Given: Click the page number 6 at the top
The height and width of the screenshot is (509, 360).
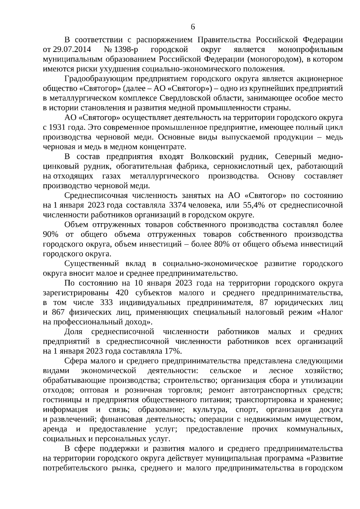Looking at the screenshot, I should pyautogui.click(x=193, y=27).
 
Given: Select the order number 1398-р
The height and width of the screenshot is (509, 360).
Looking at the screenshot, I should pyautogui.click(x=124, y=49).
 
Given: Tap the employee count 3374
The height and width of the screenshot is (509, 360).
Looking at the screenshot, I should pyautogui.click(x=178, y=205).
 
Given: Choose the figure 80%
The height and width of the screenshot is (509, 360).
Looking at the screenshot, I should pyautogui.click(x=221, y=244).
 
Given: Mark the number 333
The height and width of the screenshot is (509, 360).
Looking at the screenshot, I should pyautogui.click(x=106, y=303).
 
